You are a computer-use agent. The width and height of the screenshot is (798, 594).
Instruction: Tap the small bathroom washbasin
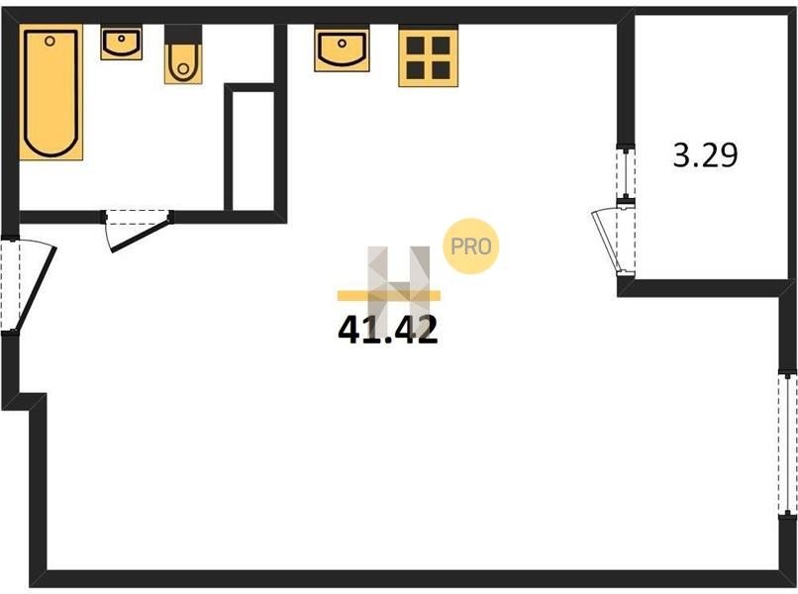(121, 43)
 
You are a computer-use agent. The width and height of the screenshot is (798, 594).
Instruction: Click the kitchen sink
(342, 49)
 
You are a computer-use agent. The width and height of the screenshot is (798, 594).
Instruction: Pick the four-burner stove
(428, 56)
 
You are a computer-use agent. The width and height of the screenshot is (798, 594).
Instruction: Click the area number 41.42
(388, 330)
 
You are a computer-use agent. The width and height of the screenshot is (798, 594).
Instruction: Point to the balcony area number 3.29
(705, 156)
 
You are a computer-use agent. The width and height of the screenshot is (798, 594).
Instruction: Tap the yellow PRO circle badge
(471, 247)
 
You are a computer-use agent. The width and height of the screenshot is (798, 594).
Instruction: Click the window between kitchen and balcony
(625, 174)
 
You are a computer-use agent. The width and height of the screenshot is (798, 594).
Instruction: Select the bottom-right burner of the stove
(441, 69)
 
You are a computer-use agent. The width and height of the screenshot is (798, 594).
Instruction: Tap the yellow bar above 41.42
(388, 295)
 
